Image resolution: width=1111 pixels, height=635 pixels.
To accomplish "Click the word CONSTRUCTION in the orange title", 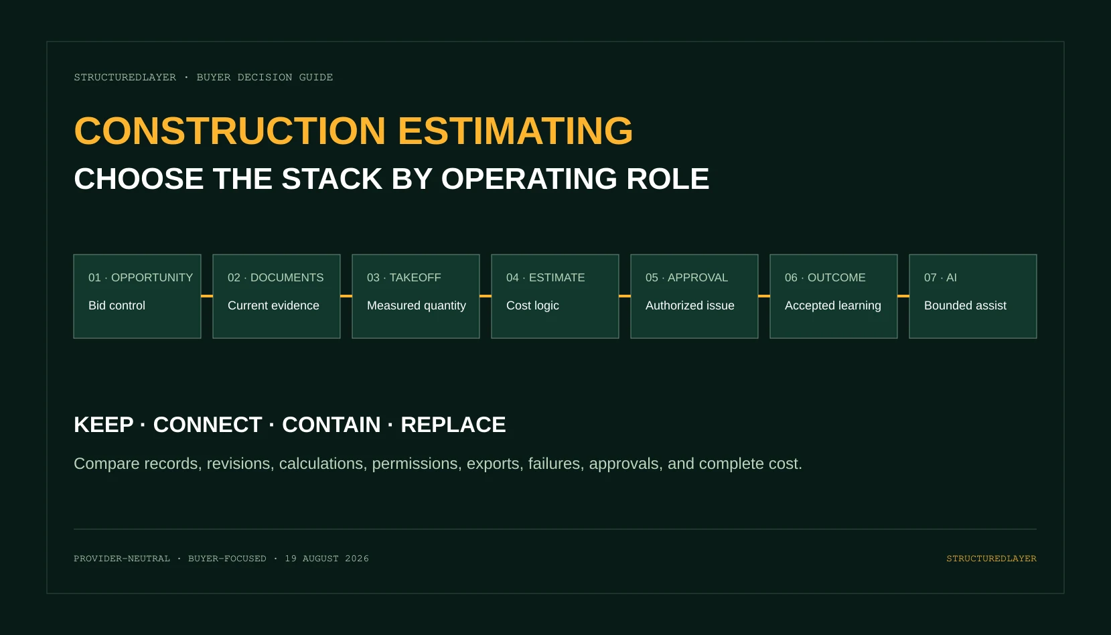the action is [x=230, y=131].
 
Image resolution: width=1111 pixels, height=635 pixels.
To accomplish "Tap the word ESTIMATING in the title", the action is [x=516, y=131].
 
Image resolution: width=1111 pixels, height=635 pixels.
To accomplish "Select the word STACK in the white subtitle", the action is [x=331, y=179].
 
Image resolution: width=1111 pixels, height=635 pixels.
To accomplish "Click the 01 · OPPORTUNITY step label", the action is [x=141, y=277].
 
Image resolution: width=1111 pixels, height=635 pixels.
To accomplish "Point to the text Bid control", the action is [x=117, y=305].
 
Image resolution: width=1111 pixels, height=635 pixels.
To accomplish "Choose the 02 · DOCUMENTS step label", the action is [x=275, y=277].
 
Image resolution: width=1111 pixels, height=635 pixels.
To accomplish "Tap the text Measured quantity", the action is [x=416, y=305].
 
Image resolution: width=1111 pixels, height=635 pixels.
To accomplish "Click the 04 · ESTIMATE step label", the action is [x=545, y=277].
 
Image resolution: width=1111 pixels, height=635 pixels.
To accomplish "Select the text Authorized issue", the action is [x=689, y=305].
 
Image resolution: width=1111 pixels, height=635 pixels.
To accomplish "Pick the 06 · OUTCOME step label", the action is [x=825, y=277].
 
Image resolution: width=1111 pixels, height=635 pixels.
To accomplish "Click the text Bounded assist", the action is [x=965, y=305].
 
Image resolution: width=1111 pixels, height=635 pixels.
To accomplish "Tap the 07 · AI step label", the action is [x=940, y=277].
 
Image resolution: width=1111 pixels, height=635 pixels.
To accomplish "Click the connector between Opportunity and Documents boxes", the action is [x=207, y=296].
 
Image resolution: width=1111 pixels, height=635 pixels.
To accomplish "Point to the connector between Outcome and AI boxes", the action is [x=903, y=296].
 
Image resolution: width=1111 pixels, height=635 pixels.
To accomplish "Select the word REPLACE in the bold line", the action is [x=453, y=425].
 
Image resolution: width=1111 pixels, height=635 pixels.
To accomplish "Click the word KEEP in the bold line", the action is [x=104, y=425].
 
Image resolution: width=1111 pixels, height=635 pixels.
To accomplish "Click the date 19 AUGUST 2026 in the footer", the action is [x=327, y=559].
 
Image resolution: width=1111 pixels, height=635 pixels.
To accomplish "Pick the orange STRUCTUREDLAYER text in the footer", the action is [x=992, y=559].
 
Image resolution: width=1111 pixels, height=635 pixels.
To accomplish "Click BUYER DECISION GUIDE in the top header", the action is [x=265, y=78].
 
